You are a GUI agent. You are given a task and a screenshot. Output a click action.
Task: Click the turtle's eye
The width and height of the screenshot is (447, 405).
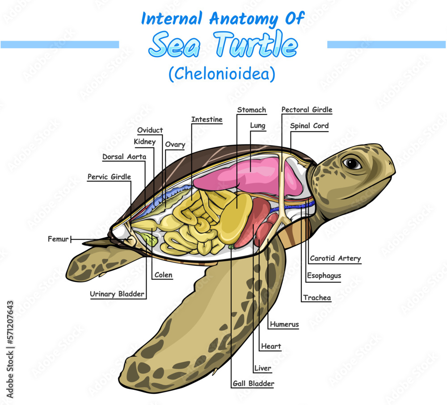352,163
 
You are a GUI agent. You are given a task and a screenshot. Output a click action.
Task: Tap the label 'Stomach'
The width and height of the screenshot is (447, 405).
252,110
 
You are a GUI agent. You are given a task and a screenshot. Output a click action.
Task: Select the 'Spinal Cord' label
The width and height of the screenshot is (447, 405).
309,126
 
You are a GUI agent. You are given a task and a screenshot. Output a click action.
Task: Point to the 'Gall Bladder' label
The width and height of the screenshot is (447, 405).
253,384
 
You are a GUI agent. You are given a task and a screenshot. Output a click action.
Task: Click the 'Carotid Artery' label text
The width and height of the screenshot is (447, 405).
335,259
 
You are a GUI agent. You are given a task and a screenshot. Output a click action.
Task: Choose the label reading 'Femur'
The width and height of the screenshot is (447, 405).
58,239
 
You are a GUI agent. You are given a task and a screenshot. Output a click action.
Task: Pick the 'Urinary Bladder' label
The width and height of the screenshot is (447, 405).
117,294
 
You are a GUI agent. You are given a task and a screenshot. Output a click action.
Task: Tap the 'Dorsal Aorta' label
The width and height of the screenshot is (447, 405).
124,157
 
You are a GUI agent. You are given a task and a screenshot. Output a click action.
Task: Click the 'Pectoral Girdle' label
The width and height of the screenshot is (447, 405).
307,110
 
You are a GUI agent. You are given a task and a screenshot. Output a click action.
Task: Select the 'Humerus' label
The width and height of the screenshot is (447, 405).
284,325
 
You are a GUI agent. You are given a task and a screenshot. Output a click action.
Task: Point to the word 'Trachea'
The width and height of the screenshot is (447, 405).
317,298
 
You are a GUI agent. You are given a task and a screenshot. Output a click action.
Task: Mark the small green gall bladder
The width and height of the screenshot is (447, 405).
231,246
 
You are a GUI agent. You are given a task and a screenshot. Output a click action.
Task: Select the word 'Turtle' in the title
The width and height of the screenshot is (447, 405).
255,45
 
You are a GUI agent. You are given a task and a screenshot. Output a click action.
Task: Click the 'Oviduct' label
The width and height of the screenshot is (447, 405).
150,130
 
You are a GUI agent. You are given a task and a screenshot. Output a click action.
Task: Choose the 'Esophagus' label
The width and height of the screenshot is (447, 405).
324,276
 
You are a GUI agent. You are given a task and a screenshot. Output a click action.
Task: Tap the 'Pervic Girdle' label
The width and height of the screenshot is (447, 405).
110,177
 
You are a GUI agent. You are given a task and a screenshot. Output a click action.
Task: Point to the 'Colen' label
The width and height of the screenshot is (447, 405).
163,276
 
